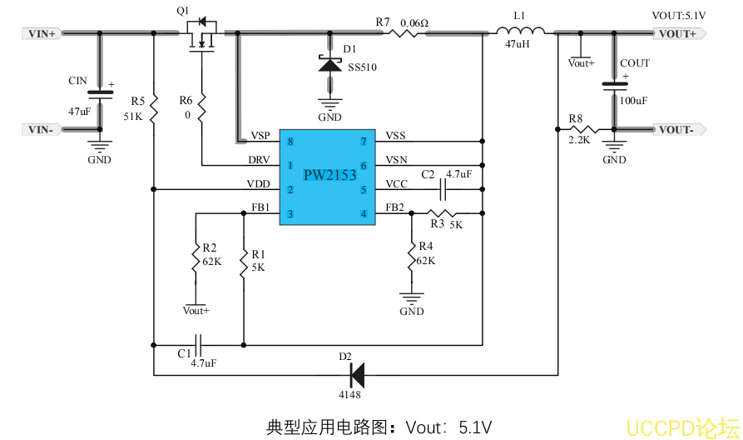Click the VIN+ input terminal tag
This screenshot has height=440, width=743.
[42, 34]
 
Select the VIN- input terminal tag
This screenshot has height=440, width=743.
[42, 129]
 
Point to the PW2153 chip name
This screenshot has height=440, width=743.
[329, 175]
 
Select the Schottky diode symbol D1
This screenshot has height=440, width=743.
[331, 64]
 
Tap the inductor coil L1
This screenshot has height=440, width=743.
[521, 32]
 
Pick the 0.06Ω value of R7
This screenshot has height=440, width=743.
[414, 22]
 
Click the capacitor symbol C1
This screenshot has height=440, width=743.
[198, 342]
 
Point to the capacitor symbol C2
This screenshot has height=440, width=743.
[443, 190]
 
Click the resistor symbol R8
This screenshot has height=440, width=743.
[583, 129]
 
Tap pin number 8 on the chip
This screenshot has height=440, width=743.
[290, 142]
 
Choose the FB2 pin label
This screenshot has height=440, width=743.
[394, 207]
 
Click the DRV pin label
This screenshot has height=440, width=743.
[259, 159]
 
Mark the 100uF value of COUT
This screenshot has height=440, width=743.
[633, 101]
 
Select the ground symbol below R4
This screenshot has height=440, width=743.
[411, 297]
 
